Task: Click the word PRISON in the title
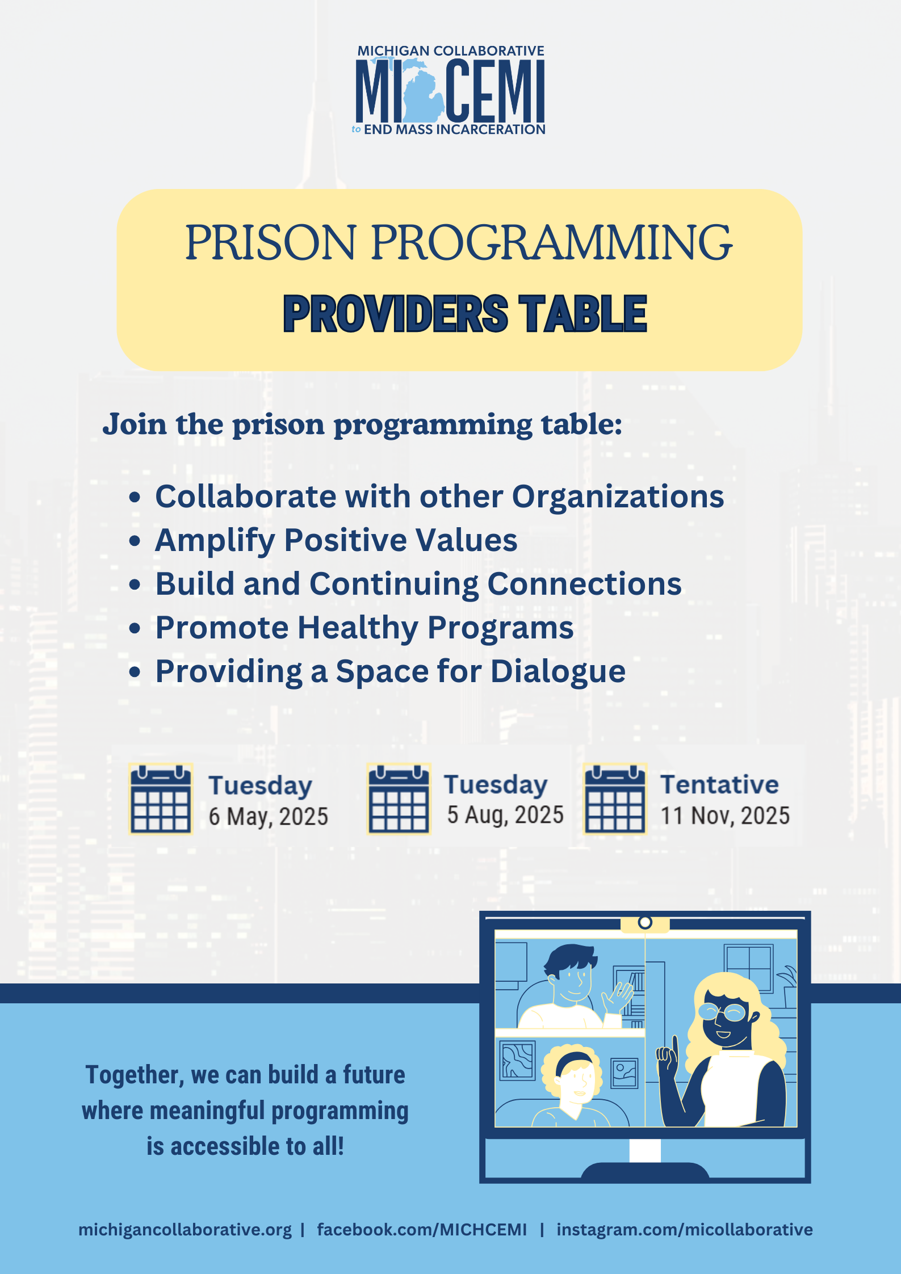pos(271,242)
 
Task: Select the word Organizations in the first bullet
pos(618,497)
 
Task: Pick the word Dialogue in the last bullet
pos(558,672)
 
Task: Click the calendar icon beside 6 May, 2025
pos(161,798)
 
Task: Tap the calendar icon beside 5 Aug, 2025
pos(399,798)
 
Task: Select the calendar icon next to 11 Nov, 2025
pos(615,798)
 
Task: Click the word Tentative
pos(719,785)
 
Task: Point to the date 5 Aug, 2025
pos(505,815)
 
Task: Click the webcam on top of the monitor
pos(645,922)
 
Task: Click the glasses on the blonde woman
pos(724,1011)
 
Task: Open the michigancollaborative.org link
pos(185,1230)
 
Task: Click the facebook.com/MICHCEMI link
pos(422,1230)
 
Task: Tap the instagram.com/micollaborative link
pos(685,1230)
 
